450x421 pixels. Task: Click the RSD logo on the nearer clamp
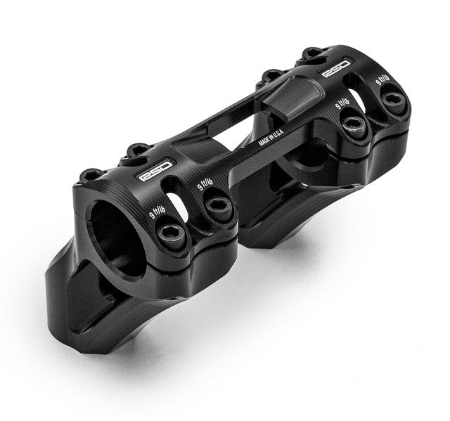click(x=155, y=171)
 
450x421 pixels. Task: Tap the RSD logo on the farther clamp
click(x=336, y=68)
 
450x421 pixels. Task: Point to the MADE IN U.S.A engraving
click(x=271, y=137)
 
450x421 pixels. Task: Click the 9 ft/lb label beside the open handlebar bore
click(x=157, y=212)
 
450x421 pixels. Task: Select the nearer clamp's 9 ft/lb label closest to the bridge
click(x=205, y=184)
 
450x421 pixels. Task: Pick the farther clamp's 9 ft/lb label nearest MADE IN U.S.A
click(x=342, y=103)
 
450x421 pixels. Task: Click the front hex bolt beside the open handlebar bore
click(x=172, y=233)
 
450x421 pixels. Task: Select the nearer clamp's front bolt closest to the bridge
click(x=219, y=207)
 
